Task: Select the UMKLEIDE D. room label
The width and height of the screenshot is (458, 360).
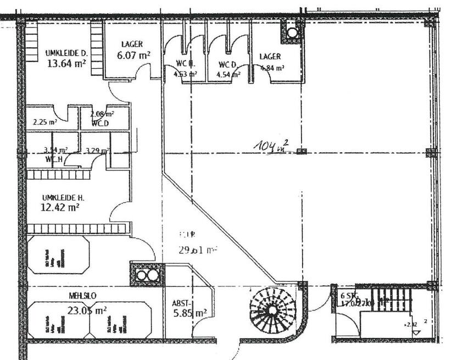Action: coord(66,53)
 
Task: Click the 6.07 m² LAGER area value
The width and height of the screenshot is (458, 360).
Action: coord(133,55)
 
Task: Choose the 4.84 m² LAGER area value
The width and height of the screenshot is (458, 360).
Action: coord(272,68)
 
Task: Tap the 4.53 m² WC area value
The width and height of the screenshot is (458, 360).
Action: coord(186,74)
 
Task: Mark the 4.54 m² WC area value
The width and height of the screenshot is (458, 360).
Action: coord(228,74)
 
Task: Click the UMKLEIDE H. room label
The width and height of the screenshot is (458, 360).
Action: coord(63,197)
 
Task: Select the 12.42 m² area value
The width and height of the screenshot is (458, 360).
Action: coord(60,207)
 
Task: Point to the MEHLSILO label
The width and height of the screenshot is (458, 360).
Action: coord(82,296)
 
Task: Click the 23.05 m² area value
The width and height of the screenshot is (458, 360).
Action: coord(86,311)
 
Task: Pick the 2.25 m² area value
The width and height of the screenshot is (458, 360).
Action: coord(46,122)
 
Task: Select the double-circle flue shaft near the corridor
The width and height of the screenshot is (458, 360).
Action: coord(147,275)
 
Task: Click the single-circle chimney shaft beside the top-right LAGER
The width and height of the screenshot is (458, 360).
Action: coord(292,32)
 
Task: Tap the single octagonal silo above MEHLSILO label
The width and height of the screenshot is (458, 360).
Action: coord(58,254)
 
